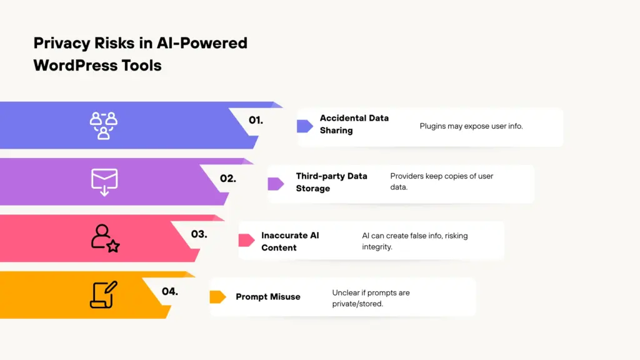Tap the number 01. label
click(x=256, y=120)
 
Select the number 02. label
click(x=227, y=178)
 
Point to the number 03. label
click(x=199, y=234)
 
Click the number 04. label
click(x=169, y=291)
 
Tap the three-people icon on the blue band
click(x=104, y=125)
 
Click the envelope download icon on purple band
click(x=104, y=181)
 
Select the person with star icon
click(x=104, y=238)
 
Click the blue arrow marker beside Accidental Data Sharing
click(x=305, y=126)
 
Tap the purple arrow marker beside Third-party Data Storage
click(x=276, y=184)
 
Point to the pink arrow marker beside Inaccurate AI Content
click(x=247, y=240)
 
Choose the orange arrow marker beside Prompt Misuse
click(x=217, y=297)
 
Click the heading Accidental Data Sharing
click(x=354, y=124)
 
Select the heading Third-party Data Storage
click(x=331, y=182)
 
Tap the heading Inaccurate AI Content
click(x=290, y=241)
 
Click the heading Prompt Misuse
click(x=267, y=297)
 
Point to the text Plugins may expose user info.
click(x=471, y=126)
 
